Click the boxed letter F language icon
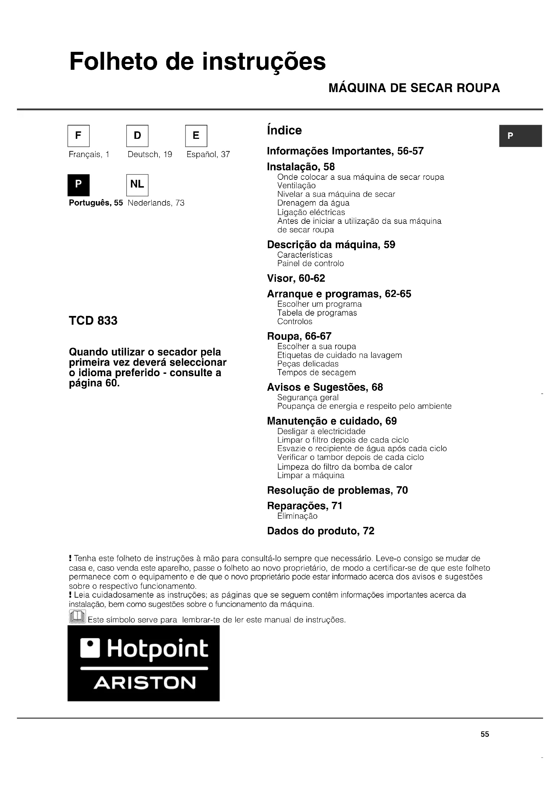point(79,135)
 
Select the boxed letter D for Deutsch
point(137,135)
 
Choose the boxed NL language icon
point(137,185)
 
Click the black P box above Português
point(79,185)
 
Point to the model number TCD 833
point(93,320)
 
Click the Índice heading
point(284,130)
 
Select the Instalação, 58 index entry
point(301,167)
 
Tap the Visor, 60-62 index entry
point(296,278)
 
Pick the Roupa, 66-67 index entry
point(299,336)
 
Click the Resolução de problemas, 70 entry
point(337,490)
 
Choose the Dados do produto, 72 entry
point(320,531)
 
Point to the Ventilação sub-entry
point(296,186)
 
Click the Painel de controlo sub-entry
point(310,263)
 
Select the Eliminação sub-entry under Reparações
point(297,516)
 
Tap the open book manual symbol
point(78,616)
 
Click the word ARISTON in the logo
point(145,683)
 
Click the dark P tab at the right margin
point(521,136)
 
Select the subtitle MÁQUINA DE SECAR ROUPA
point(414,88)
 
